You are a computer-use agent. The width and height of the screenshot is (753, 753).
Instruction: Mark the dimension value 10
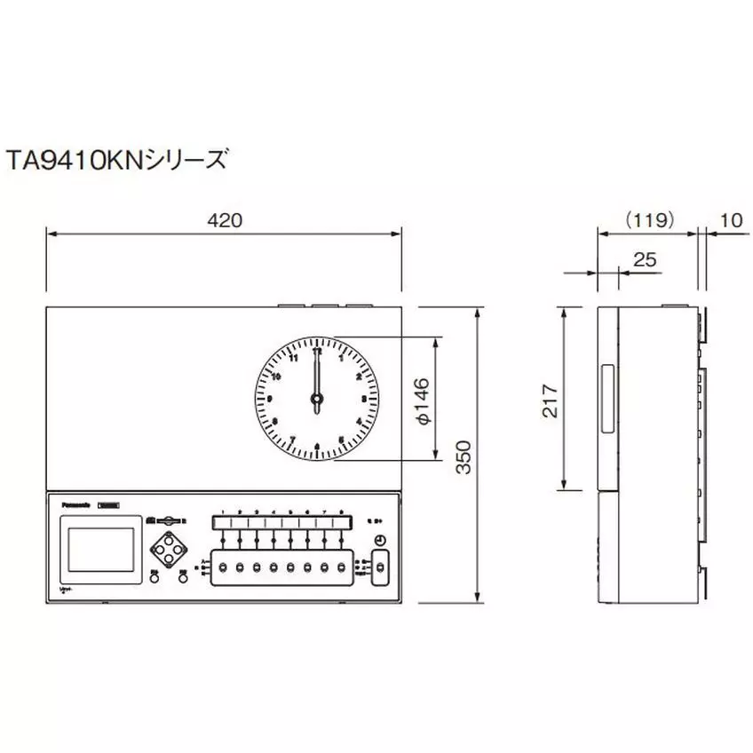(733, 218)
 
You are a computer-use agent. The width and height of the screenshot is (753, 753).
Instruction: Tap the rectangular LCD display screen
(97, 549)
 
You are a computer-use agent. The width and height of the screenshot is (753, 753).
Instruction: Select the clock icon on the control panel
(380, 541)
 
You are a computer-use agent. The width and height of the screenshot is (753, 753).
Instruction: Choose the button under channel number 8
(341, 567)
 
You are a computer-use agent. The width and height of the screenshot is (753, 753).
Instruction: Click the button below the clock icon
(381, 566)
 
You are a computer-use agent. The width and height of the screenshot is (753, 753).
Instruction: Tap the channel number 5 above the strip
(290, 512)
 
